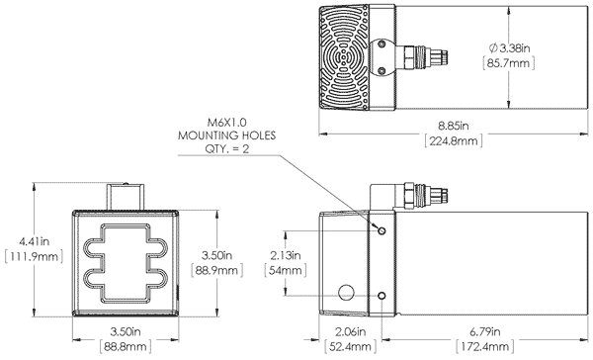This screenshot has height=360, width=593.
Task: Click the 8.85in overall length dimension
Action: point(453,126)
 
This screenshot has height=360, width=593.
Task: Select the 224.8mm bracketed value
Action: point(454,141)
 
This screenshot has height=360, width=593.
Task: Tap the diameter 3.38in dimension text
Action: point(509,48)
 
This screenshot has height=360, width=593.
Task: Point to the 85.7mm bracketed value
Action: point(509,63)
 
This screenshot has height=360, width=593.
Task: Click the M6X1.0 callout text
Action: point(227,123)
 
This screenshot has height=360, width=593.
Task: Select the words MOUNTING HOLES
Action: point(226,135)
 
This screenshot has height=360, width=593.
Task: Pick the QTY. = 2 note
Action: point(227,148)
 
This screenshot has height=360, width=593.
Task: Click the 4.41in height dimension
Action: point(34,241)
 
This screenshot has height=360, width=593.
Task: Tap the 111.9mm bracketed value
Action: point(34,257)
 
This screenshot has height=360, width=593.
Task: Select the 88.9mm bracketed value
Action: point(216,271)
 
